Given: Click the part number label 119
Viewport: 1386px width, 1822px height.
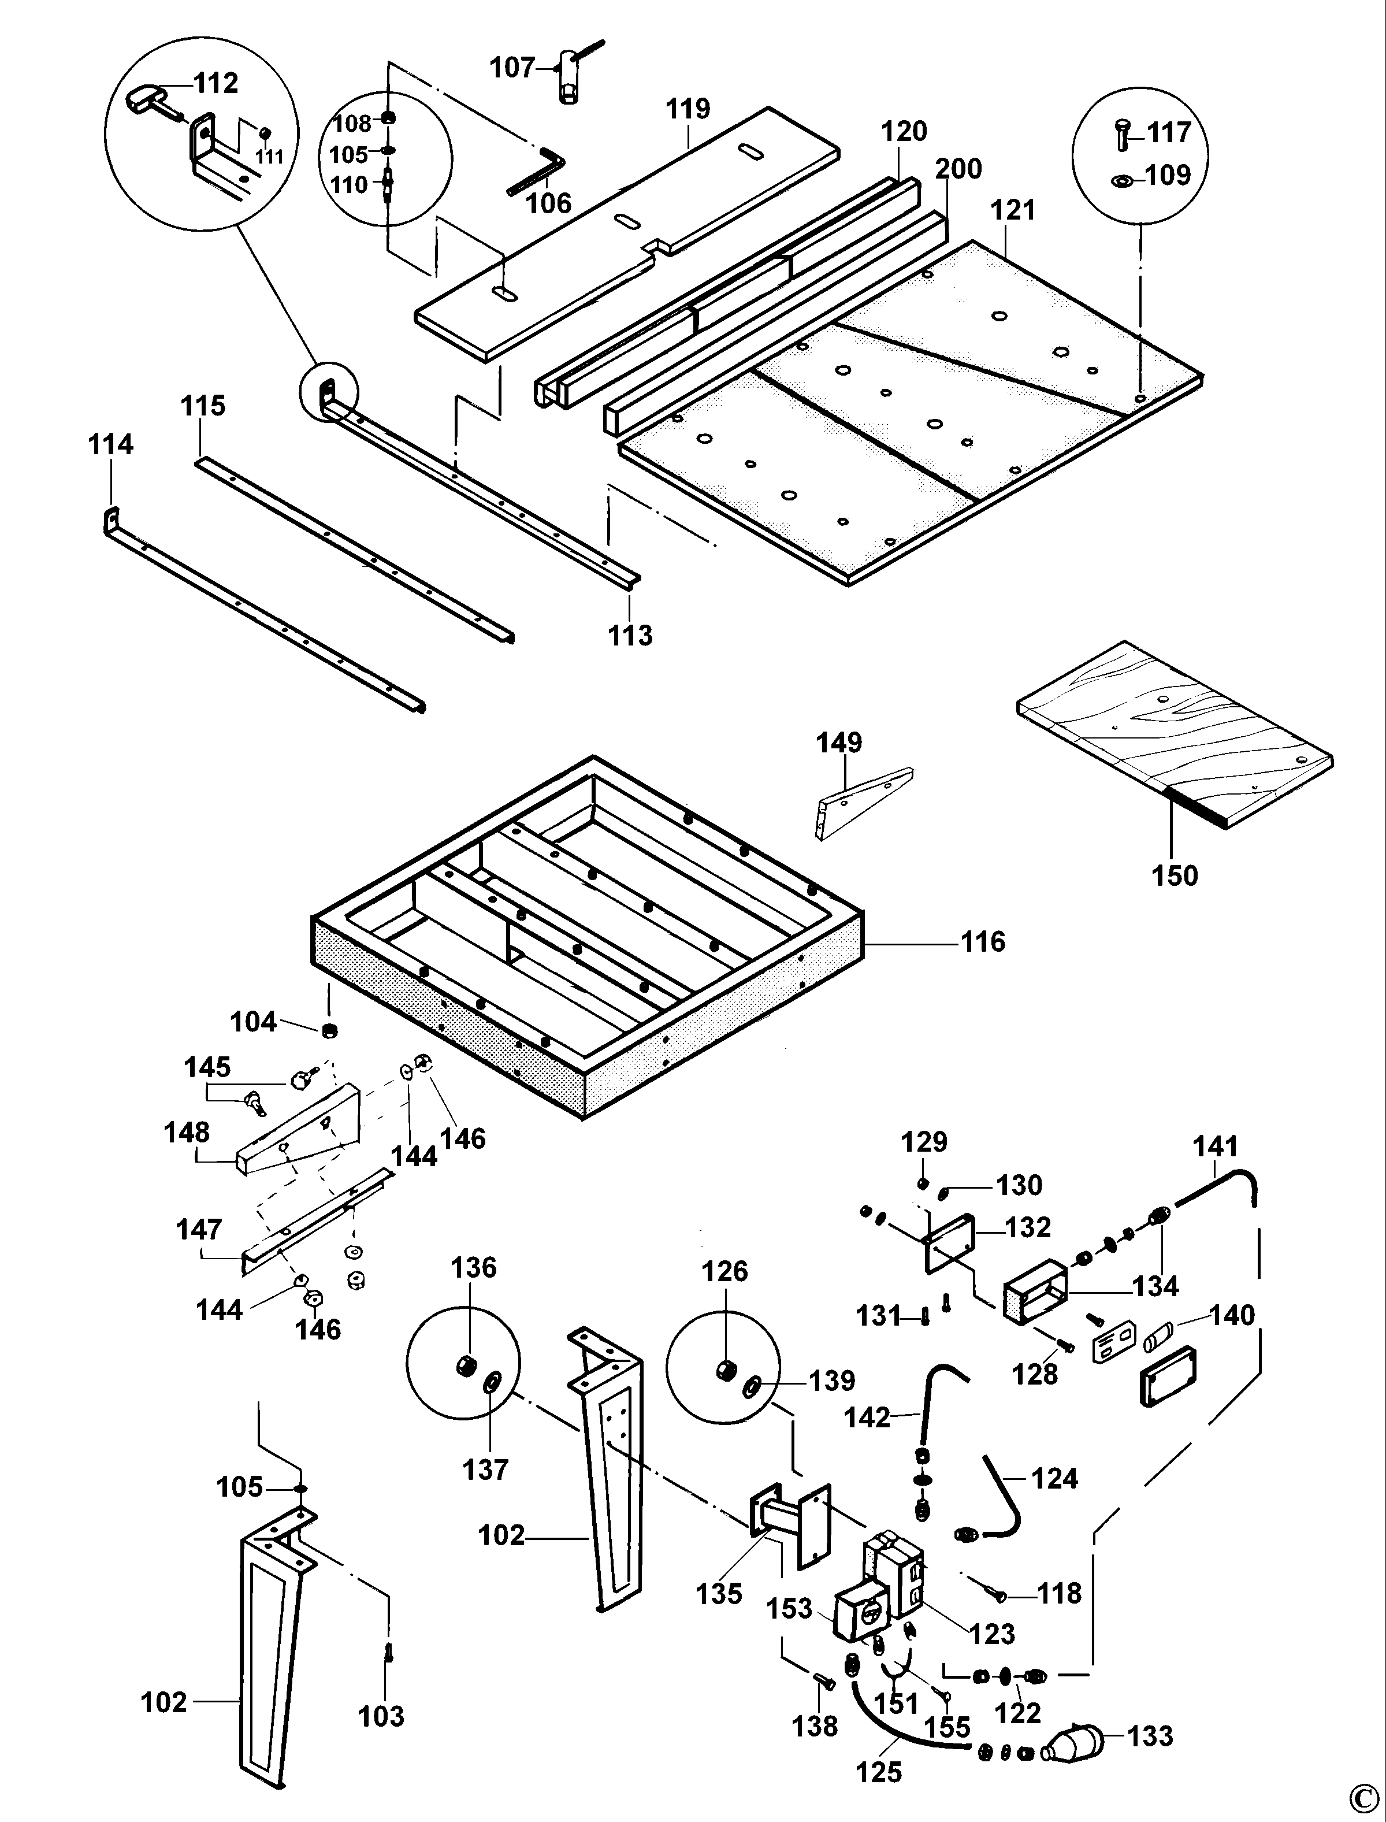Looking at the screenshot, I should (688, 109).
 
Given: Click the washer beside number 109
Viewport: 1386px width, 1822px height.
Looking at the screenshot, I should (1122, 179).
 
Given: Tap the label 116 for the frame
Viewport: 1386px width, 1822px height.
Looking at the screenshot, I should (983, 941).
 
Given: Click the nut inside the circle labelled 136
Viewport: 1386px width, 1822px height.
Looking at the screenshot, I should (465, 1365).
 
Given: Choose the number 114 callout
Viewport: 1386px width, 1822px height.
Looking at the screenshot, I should (110, 445).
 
